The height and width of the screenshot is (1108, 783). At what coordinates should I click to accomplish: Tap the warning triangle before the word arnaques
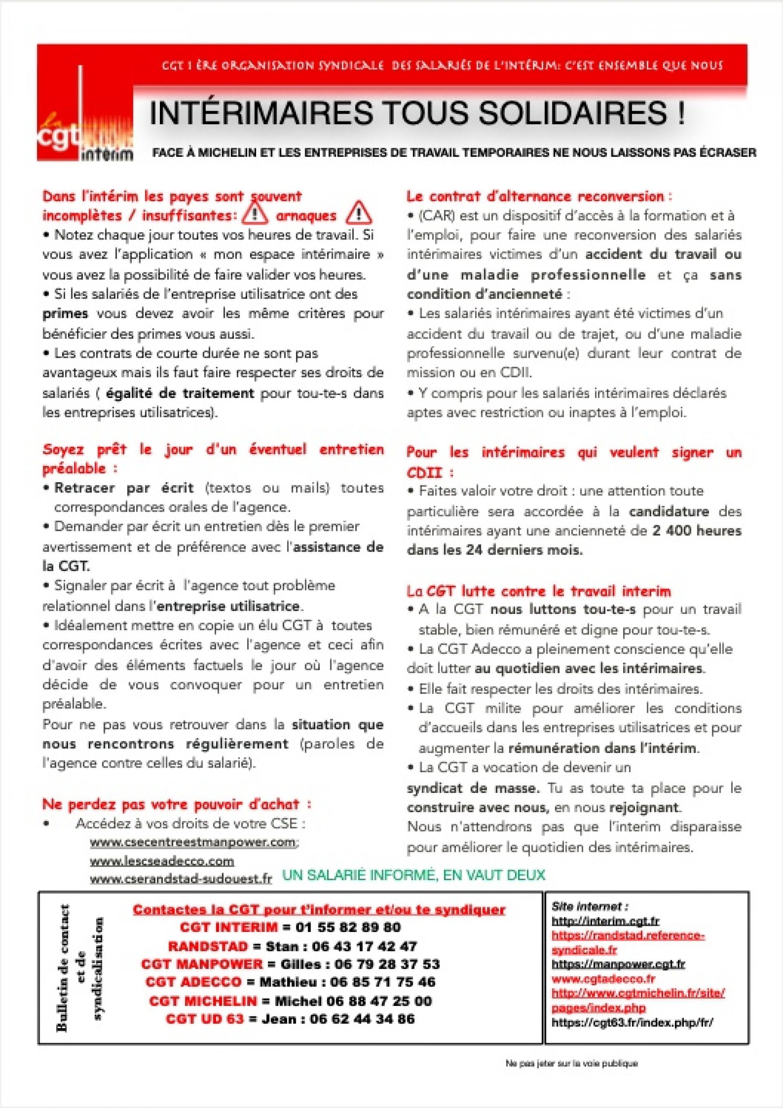pyautogui.click(x=255, y=214)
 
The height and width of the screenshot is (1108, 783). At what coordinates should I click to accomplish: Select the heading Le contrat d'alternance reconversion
pyautogui.click(x=539, y=196)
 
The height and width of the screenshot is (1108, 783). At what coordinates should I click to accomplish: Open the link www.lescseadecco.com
pyautogui.click(x=162, y=861)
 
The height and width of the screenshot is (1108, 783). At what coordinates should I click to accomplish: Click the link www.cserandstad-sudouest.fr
pyautogui.click(x=181, y=879)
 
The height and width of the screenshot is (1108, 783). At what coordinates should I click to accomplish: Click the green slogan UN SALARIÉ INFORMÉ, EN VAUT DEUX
pyautogui.click(x=413, y=875)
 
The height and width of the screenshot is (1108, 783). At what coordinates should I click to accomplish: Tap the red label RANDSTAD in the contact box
pyautogui.click(x=208, y=946)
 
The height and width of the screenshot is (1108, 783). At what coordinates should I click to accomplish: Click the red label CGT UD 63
pyautogui.click(x=204, y=1019)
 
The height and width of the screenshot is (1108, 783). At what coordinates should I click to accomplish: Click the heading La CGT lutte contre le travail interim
pyautogui.click(x=539, y=591)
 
